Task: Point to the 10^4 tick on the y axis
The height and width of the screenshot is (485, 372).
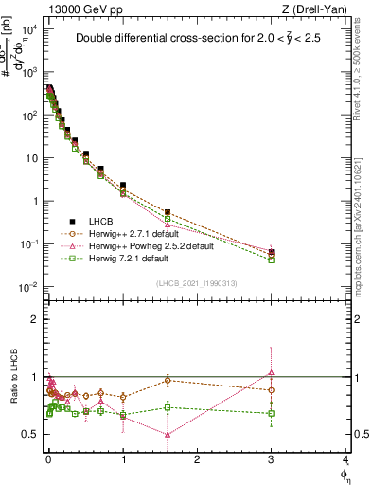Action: point(28,29)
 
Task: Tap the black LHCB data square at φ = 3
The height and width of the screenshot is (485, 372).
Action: point(272,252)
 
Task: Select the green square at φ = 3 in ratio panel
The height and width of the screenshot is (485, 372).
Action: point(272,413)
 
